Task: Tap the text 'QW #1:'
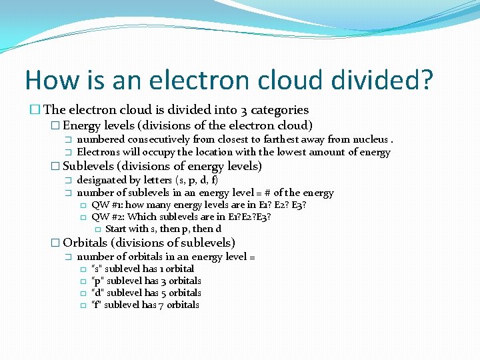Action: point(107,205)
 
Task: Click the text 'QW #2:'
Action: point(108,217)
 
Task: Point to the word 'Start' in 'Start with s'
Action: point(117,229)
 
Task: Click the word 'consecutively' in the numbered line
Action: point(159,139)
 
